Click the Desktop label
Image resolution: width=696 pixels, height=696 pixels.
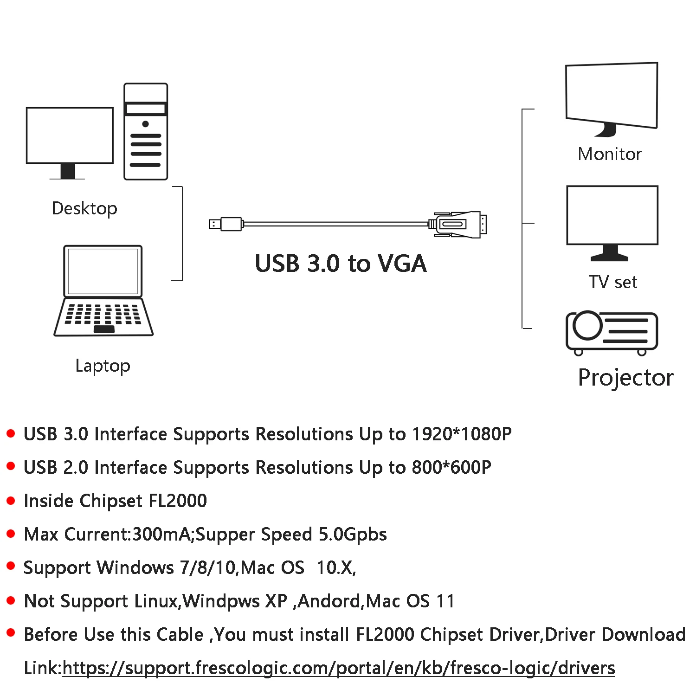[84, 208]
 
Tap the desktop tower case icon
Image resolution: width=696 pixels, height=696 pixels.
[146, 132]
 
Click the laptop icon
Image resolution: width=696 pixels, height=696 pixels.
[103, 291]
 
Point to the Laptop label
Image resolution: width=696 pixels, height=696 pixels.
[103, 366]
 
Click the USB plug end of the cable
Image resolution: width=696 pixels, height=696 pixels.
[226, 224]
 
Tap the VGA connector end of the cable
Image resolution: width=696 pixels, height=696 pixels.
[459, 224]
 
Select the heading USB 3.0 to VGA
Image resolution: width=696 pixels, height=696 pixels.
[341, 264]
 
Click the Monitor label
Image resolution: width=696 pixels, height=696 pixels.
[610, 154]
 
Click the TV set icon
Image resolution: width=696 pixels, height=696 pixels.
[612, 220]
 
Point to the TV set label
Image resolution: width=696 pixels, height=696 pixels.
[612, 282]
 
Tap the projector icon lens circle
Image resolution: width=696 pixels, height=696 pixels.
[587, 326]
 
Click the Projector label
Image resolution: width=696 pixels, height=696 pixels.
[625, 377]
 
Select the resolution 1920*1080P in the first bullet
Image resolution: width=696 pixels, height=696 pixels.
[462, 434]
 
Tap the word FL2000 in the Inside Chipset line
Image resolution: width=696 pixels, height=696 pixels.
[177, 501]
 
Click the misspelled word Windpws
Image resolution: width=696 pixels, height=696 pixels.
[221, 601]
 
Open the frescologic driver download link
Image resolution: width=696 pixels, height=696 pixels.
[338, 668]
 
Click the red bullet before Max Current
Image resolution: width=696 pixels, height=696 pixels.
[11, 534]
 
